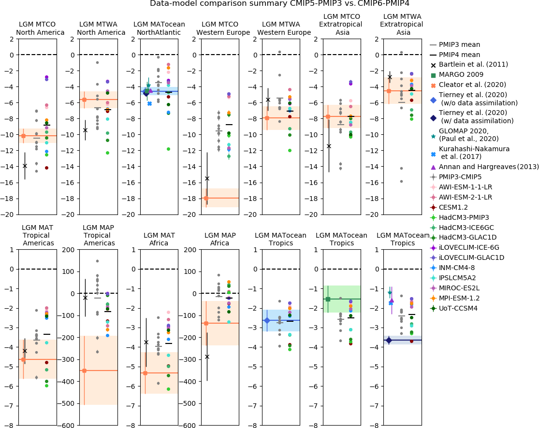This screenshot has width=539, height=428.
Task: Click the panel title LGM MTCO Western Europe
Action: pyautogui.click(x=223, y=29)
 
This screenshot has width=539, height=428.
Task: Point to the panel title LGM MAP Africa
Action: pyautogui.click(x=220, y=239)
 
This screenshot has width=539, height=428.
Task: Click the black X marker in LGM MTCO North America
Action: pyautogui.click(x=25, y=166)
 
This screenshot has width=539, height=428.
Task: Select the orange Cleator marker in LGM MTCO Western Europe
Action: pyautogui.click(x=206, y=198)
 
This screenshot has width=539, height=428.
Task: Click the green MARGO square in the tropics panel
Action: pyautogui.click(x=328, y=299)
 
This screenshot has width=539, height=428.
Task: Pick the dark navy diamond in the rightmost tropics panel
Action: pyautogui.click(x=389, y=341)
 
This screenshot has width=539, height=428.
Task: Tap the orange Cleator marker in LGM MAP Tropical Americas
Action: pyautogui.click(x=84, y=371)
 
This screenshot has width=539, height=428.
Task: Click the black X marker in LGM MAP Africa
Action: pyautogui.click(x=207, y=357)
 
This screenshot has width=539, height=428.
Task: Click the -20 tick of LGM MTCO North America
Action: pyautogui.click(x=10, y=214)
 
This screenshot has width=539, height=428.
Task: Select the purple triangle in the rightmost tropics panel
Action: pyautogui.click(x=392, y=300)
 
